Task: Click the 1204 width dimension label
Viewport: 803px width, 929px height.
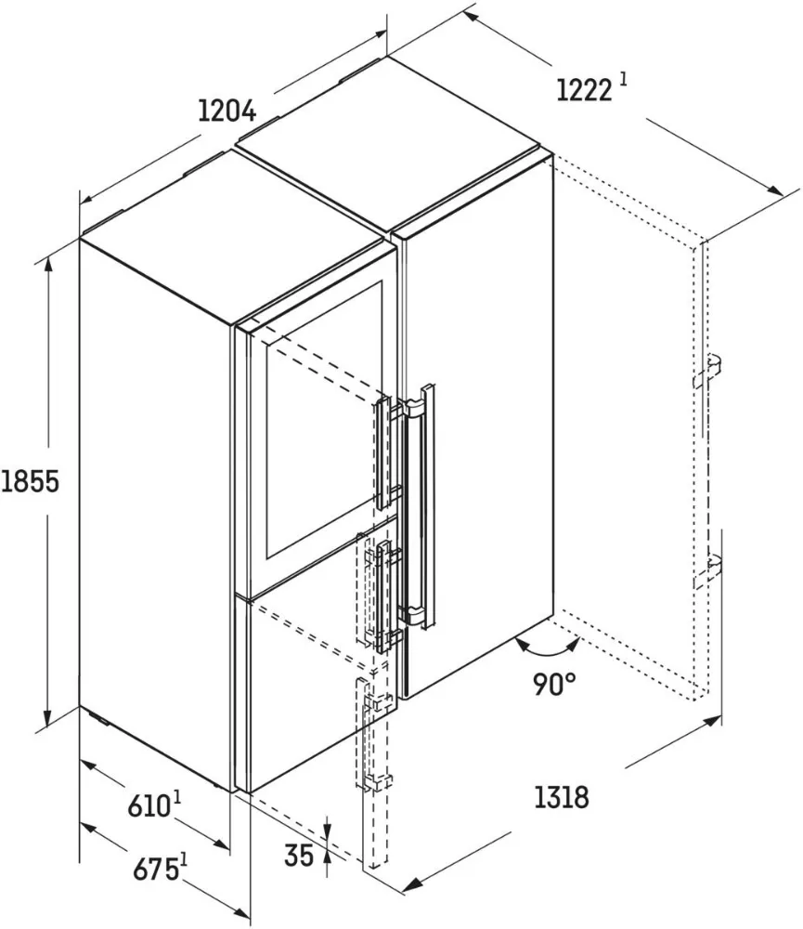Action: [227, 111]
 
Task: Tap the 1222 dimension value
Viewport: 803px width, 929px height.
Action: [584, 90]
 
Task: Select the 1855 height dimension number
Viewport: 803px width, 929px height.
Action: [30, 483]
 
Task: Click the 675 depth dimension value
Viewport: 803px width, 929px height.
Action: [155, 870]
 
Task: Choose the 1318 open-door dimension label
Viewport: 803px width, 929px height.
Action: [561, 797]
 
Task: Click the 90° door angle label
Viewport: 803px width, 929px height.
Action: [555, 685]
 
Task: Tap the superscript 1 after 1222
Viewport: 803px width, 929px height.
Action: [623, 80]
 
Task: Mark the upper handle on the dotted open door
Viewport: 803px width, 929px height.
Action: [707, 369]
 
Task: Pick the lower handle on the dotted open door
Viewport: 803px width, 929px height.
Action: [708, 569]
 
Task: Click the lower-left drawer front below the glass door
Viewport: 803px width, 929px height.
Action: [306, 687]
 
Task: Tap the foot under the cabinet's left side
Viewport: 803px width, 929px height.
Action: [97, 718]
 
